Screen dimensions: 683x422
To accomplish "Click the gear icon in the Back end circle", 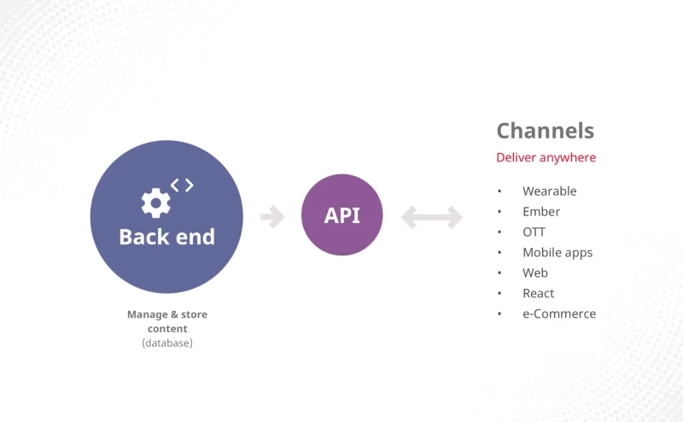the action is click(x=156, y=202).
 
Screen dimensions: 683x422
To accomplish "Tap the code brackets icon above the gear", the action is click(x=182, y=185).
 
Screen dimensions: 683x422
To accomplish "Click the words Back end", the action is click(x=167, y=237).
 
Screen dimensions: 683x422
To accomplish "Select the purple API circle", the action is click(x=342, y=215).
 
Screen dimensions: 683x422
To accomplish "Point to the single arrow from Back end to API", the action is click(x=272, y=217).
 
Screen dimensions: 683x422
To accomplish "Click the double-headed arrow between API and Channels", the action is click(x=432, y=217).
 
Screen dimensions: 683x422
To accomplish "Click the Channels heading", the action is click(x=546, y=131).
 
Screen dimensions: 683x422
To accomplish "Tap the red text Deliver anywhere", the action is click(x=546, y=157).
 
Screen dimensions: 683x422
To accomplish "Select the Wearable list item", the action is click(x=550, y=191).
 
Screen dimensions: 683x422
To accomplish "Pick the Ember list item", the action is click(x=541, y=212).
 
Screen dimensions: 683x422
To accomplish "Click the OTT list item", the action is click(x=534, y=232).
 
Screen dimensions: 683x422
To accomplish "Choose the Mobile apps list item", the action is click(x=557, y=253).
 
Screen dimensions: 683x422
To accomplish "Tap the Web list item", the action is click(x=535, y=273).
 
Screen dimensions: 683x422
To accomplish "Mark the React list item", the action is click(x=539, y=293).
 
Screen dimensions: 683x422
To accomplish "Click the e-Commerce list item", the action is click(x=559, y=314).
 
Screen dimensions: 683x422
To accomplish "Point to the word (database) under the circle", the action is click(x=167, y=343).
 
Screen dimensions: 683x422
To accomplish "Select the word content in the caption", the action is click(x=167, y=329).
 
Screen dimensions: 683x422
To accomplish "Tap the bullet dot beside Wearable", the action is click(x=499, y=191).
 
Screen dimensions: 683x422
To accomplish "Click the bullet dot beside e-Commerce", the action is click(x=499, y=314).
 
